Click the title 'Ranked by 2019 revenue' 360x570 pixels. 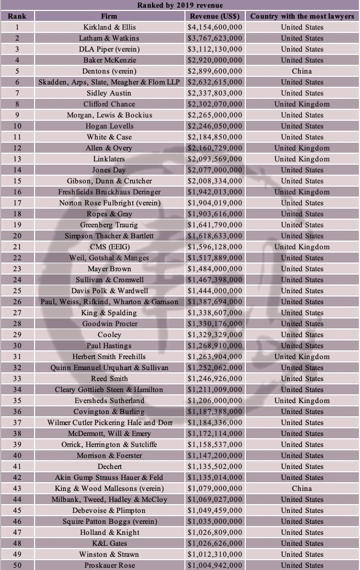[x=179, y=5]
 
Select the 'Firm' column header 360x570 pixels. [x=109, y=16]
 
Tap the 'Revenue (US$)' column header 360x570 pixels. [x=215, y=16]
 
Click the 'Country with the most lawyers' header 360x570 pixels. [x=302, y=16]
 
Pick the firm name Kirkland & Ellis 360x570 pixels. [x=109, y=27]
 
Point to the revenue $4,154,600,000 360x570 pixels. [x=215, y=27]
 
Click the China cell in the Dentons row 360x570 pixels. [x=302, y=71]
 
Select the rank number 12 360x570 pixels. [x=17, y=148]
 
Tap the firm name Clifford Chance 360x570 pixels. [x=109, y=104]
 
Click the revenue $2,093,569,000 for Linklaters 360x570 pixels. [x=215, y=159]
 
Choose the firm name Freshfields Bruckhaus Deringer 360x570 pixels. [x=109, y=192]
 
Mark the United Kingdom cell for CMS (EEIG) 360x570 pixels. [x=302, y=247]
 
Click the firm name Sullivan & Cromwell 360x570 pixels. [x=109, y=280]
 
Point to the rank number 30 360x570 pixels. [x=17, y=345]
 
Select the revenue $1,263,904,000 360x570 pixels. [x=215, y=356]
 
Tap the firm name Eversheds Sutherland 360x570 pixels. [x=109, y=400]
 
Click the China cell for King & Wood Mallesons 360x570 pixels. [x=302, y=488]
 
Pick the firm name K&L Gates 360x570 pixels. [x=109, y=543]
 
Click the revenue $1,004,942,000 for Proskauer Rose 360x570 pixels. [x=215, y=565]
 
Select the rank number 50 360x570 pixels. [x=17, y=565]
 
